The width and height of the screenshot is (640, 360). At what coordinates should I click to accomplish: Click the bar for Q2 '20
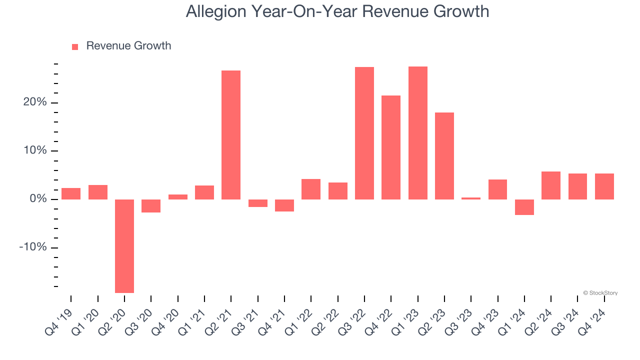coord(124,246)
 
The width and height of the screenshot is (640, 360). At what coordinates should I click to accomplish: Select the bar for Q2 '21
coord(231,135)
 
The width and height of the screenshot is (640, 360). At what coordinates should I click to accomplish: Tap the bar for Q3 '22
coord(364,133)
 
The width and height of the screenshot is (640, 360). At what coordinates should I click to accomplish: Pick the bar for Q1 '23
coord(418,133)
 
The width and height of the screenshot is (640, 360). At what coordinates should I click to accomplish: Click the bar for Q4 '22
coord(391,147)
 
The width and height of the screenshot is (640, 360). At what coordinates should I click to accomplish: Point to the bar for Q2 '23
coord(444,156)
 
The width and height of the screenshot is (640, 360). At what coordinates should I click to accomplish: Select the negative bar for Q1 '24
coord(524,207)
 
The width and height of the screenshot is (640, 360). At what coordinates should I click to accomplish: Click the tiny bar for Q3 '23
coord(471,198)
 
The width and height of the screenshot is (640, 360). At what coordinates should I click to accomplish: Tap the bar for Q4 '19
coord(71,194)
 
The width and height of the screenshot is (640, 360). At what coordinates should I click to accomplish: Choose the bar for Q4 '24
coord(604,186)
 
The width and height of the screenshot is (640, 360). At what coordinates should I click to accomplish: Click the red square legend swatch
coord(75,46)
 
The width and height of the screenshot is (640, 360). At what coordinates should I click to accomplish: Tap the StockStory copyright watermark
coord(600,293)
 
